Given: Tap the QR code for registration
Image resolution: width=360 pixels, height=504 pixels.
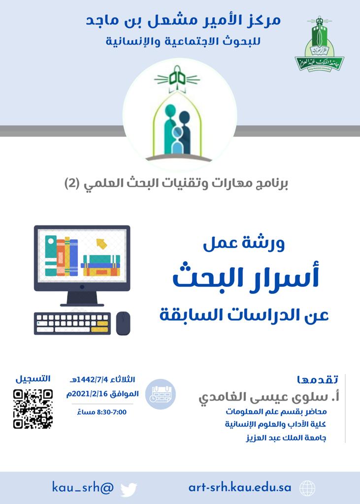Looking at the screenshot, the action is [33, 409].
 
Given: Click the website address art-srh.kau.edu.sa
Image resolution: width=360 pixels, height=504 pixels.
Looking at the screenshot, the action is [240, 488].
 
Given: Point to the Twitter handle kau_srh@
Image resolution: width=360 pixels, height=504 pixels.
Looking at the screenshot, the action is [83, 488].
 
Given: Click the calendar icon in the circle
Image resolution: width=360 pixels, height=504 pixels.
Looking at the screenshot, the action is [160, 394].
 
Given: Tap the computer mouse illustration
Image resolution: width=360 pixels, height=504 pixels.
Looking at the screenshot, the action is [123, 323].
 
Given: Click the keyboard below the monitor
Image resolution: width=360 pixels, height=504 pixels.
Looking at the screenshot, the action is [72, 323].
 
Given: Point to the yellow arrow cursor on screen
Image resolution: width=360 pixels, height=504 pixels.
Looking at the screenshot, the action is [101, 244].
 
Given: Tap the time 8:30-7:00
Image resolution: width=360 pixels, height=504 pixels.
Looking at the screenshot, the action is [111, 412].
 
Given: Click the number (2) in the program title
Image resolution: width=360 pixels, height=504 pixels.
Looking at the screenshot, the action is [72, 184].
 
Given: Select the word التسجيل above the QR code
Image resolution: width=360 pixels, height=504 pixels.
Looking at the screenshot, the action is [33, 378].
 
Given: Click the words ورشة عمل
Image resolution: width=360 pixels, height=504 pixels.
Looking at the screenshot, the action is [244, 244].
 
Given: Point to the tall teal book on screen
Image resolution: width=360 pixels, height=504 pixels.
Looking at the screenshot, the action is [51, 256].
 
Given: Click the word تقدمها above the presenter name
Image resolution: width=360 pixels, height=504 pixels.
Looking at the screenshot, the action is [318, 379].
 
